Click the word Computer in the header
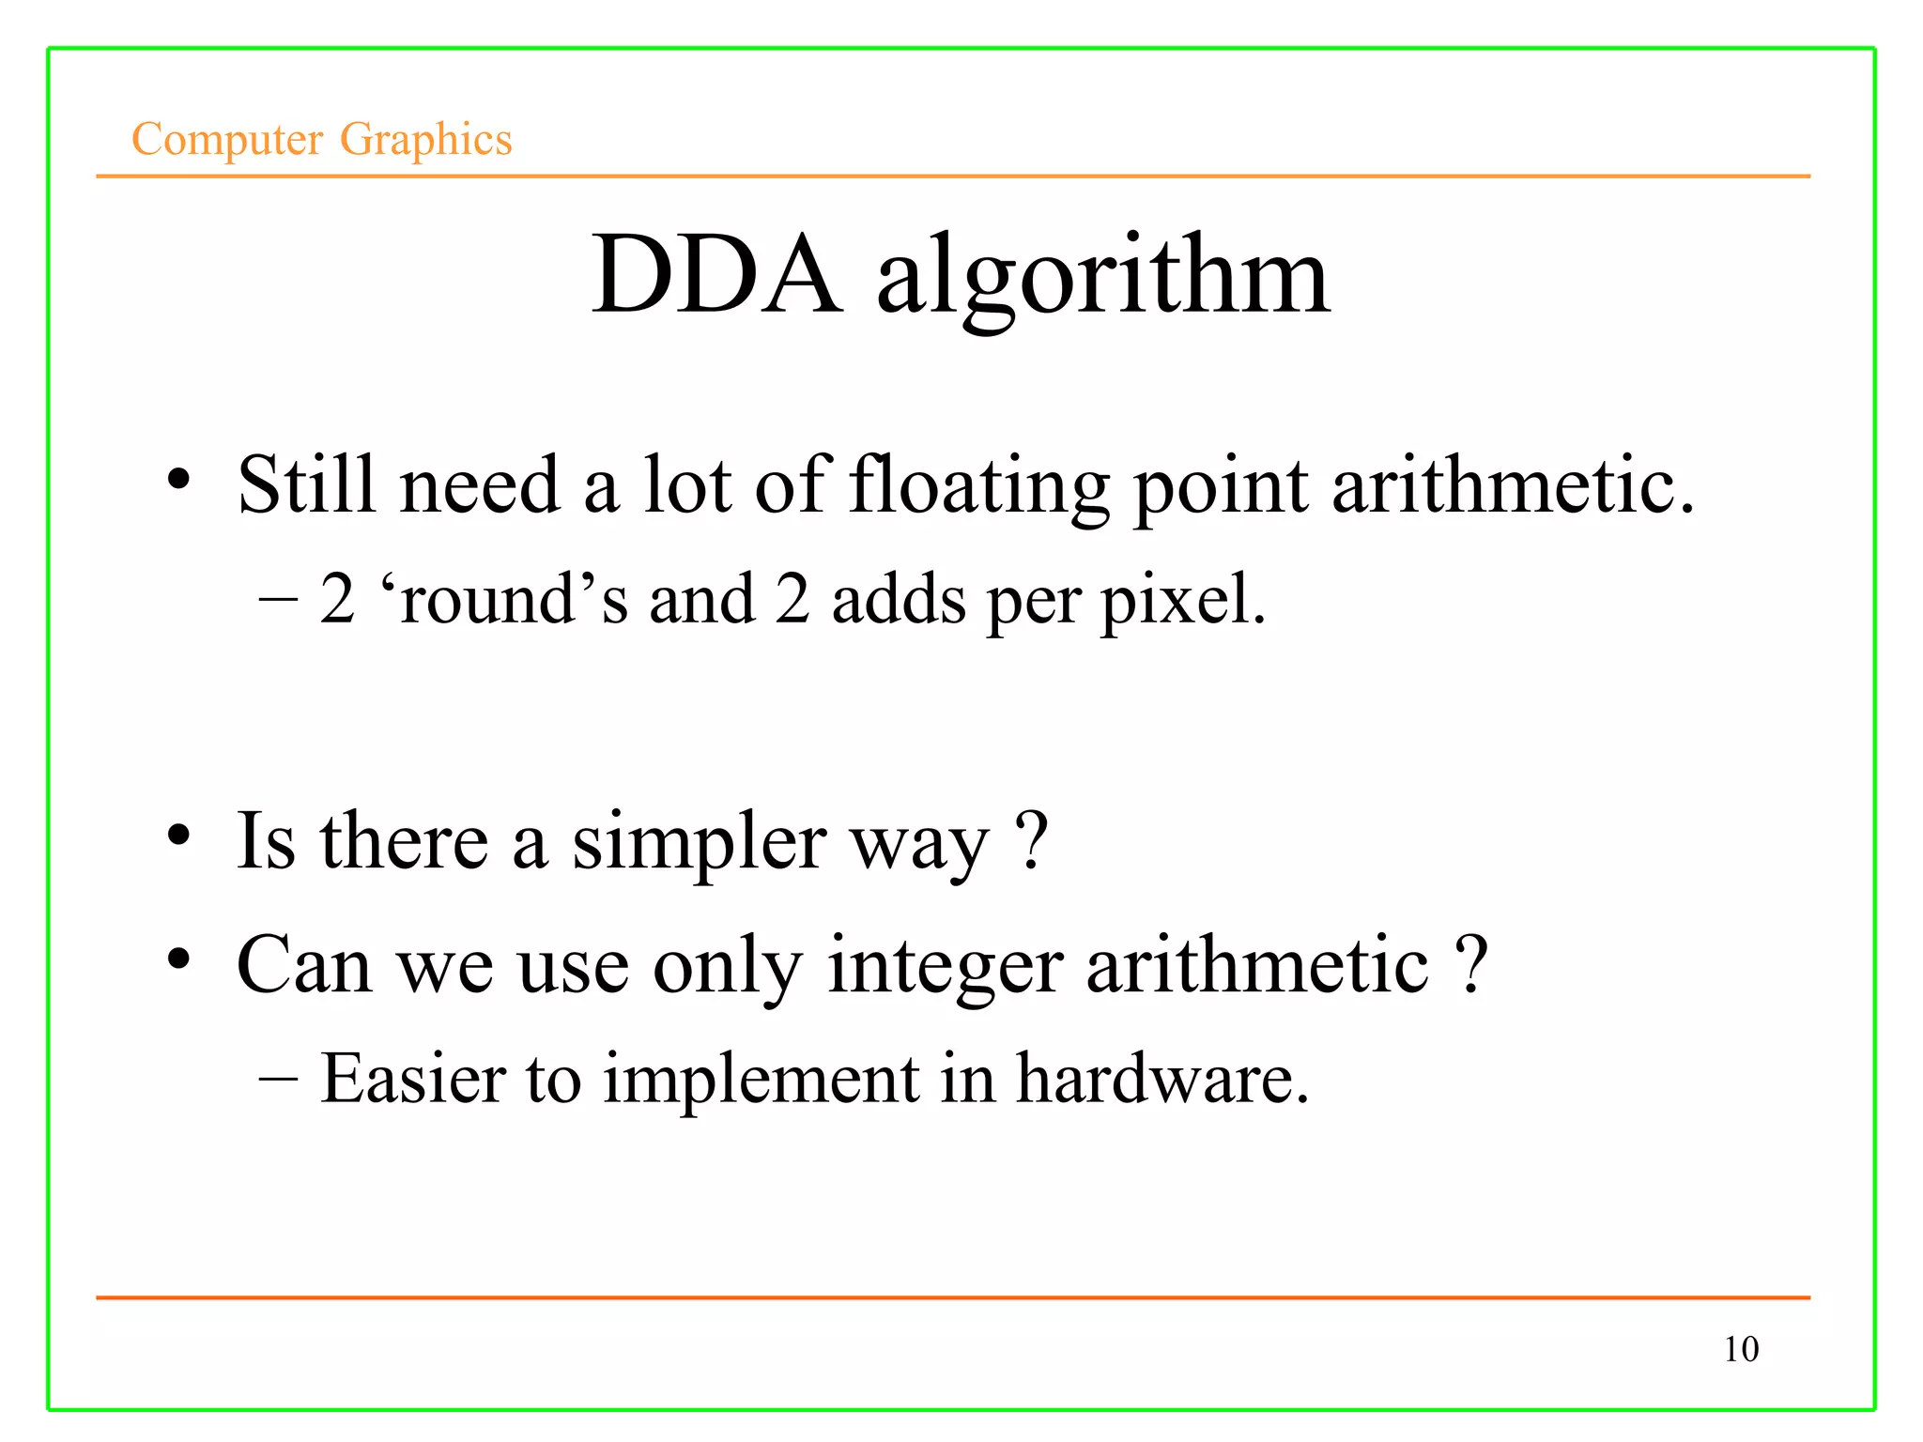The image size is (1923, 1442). [227, 139]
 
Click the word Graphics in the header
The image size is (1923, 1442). [425, 139]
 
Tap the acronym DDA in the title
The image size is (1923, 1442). [715, 275]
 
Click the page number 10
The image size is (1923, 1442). [1741, 1349]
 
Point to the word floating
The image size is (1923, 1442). [979, 486]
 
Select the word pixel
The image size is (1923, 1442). [1183, 601]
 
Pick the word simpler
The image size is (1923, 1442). [700, 843]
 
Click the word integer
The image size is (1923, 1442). [945, 967]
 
